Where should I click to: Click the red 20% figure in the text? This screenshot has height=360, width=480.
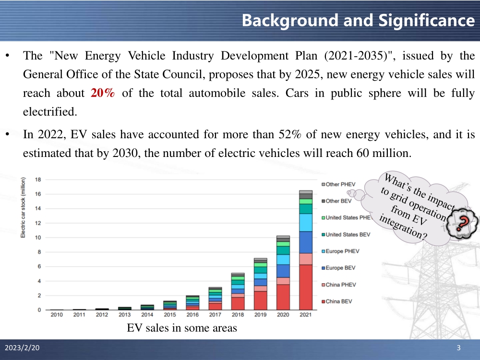[x=103, y=93]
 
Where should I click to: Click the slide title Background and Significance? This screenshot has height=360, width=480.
[x=358, y=20]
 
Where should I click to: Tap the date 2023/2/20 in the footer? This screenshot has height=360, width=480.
[x=23, y=348]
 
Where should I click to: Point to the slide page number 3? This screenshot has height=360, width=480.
[x=459, y=348]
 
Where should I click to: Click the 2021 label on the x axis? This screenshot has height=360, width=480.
[x=305, y=315]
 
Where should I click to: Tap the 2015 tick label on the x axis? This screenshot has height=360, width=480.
[x=170, y=315]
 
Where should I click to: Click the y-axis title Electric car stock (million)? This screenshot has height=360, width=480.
[x=23, y=207]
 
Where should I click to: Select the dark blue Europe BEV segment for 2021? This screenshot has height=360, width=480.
[x=305, y=242]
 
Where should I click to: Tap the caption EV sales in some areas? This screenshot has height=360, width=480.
[x=182, y=328]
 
